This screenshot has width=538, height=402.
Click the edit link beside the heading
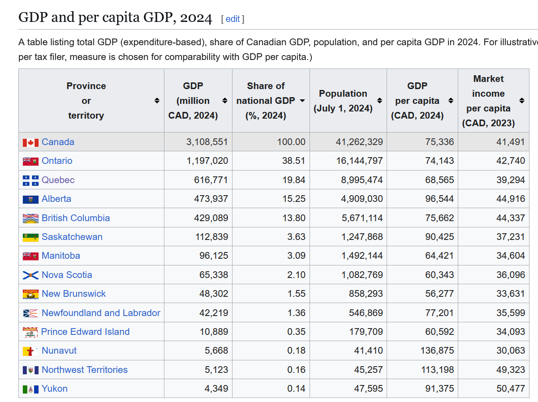coord(232,19)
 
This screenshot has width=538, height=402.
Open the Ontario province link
coord(57,161)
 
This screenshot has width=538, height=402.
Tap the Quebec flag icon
coord(30,180)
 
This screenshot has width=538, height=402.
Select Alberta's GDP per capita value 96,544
coord(439,199)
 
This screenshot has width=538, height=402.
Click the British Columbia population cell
coord(362,218)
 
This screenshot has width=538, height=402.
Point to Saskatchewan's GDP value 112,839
coord(211,237)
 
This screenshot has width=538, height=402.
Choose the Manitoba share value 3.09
coord(296,256)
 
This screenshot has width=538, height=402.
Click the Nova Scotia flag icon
coord(30,275)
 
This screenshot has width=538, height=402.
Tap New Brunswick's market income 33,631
coord(511,294)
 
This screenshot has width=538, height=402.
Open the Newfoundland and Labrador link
coord(101,312)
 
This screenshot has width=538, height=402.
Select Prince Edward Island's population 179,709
coord(366,331)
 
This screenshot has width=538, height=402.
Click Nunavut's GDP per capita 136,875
coord(437,351)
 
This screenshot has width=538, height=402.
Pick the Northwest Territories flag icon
coord(30,370)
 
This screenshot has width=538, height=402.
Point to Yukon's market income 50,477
coord(511,389)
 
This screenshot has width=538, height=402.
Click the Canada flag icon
coord(30,142)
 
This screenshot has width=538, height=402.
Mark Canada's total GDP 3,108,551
coord(207,142)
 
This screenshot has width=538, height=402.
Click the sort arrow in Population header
coord(379,101)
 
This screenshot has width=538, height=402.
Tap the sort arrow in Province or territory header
coord(157,101)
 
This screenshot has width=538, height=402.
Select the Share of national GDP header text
coord(266,101)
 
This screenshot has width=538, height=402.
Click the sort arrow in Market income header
coord(522,101)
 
